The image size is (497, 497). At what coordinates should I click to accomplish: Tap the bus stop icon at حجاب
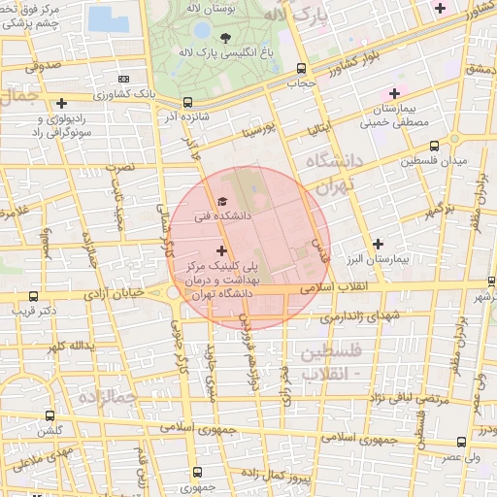(301, 70)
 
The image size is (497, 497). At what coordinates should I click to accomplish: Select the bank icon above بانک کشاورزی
(122, 79)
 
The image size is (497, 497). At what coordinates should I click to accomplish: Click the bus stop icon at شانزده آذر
(187, 101)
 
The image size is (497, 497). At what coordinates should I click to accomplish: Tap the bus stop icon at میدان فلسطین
(434, 146)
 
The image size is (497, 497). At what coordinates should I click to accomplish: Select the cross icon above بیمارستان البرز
(378, 244)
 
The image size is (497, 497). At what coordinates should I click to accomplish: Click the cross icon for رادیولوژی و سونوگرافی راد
(62, 102)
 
